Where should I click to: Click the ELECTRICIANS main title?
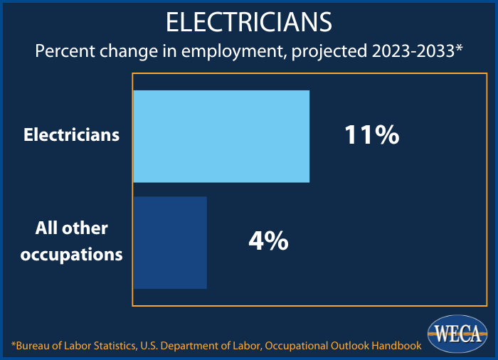pyautogui.click(x=249, y=22)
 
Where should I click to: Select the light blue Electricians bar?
pyautogui.click(x=221, y=136)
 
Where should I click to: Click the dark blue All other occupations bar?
pyautogui.click(x=170, y=243)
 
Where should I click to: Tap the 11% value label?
pyautogui.click(x=371, y=135)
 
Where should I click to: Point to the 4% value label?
pyautogui.click(x=268, y=242)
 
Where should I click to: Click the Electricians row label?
pyautogui.click(x=72, y=134)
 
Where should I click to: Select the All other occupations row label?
pyautogui.click(x=72, y=242)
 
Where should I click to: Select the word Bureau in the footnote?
pyautogui.click(x=36, y=346)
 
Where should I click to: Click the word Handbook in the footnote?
pyautogui.click(x=395, y=346)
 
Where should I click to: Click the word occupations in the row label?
pyautogui.click(x=72, y=255)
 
